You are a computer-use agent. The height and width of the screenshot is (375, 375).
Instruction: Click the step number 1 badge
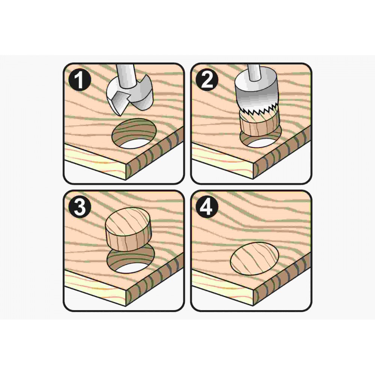tap(79, 79)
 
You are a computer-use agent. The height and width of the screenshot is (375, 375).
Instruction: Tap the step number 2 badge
tap(207, 79)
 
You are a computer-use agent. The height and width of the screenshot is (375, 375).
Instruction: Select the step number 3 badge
tap(79, 207)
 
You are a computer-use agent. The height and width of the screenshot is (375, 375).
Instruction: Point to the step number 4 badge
tap(207, 207)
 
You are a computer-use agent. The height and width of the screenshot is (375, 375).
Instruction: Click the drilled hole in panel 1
tap(134, 133)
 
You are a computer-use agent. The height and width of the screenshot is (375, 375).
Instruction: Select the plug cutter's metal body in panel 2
tap(255, 92)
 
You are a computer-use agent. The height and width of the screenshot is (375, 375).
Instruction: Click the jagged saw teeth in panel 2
tap(258, 110)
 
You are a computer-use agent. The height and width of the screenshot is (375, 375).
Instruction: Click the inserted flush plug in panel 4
tap(255, 258)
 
